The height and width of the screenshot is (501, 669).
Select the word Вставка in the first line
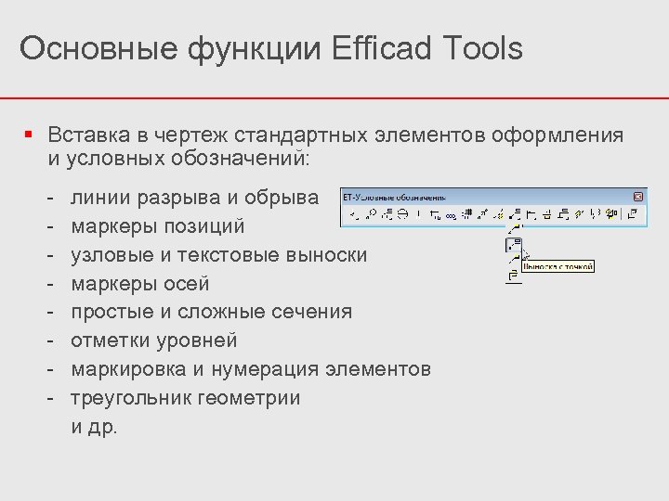(88, 135)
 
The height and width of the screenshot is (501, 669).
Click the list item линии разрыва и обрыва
(194, 198)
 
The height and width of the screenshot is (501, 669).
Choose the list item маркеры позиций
(158, 226)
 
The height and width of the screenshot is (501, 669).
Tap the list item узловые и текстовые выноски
(218, 255)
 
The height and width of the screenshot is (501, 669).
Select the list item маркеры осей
(140, 284)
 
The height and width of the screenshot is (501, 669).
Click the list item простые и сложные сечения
(211, 312)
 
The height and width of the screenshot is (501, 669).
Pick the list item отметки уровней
(154, 340)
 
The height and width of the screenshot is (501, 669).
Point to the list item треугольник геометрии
(186, 398)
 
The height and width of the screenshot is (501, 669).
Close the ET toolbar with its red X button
(638, 197)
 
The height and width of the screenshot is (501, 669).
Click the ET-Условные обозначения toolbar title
(395, 197)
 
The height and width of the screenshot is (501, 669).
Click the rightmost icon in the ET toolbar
(633, 214)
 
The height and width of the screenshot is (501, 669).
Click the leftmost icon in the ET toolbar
(354, 214)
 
